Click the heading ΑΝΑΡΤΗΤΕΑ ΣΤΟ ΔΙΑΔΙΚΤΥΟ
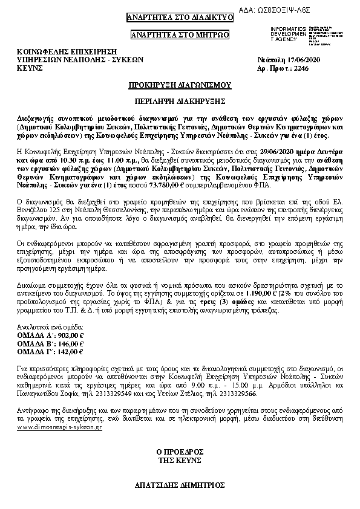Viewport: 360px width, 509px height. [180, 17]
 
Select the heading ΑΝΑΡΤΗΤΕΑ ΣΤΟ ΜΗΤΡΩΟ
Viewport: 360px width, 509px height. [180, 35]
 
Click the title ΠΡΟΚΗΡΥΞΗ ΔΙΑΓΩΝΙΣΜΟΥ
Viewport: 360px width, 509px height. [180, 86]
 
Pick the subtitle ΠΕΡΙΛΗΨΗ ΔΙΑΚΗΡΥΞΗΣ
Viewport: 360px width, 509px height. [180, 100]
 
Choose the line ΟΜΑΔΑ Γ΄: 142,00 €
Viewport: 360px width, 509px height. [51, 351]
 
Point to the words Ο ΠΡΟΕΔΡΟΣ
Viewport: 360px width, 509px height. [180, 451]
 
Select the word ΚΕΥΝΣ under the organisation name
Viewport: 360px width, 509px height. [30, 70]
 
